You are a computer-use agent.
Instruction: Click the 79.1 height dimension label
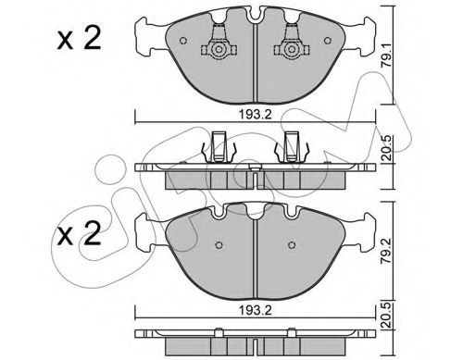coord(386,56)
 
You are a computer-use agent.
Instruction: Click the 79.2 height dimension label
coord(386,250)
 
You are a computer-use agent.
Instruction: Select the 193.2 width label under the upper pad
coord(255,115)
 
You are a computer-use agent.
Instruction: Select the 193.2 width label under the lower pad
coord(255,310)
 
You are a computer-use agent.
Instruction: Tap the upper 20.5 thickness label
coord(386,149)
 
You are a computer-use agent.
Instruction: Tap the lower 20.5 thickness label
coord(386,316)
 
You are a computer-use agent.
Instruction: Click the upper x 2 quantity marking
coord(79,40)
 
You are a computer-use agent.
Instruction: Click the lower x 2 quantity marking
coord(79,234)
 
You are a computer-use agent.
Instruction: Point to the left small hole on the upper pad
coord(183,41)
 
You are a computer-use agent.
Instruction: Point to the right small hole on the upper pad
coord(327,41)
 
